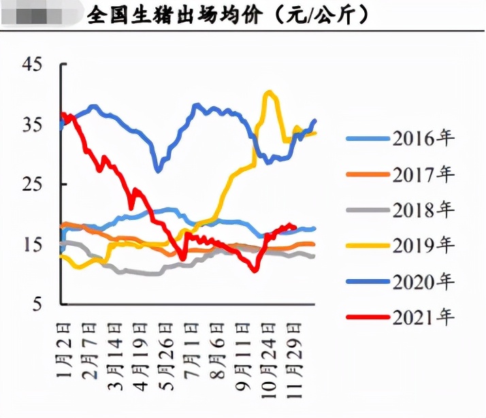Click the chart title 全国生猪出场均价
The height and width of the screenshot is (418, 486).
[174, 15]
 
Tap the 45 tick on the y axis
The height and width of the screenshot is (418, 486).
[32, 65]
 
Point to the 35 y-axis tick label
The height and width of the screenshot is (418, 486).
[32, 125]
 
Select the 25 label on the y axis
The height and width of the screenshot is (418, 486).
[32, 184]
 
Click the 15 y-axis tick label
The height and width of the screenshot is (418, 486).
[32, 244]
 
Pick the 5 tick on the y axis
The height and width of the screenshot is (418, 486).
[37, 304]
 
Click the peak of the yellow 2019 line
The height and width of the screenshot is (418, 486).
[270, 92]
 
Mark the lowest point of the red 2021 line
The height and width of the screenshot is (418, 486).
[254, 270]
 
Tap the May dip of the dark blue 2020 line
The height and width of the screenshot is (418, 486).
[158, 170]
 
